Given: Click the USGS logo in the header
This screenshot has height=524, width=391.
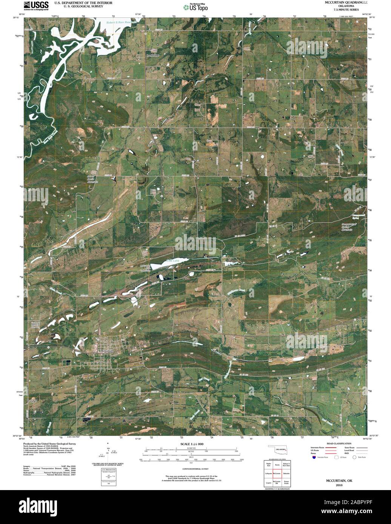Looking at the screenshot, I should (36, 6).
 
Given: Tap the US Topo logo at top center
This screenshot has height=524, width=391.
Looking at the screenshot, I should (195, 7).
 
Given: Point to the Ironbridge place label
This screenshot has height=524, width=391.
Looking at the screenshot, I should (152, 55).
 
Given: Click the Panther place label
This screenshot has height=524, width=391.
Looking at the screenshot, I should (32, 401).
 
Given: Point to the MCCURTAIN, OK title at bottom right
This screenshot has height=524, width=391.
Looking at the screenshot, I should (339, 481).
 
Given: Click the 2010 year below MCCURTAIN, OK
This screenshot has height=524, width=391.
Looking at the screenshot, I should (339, 485).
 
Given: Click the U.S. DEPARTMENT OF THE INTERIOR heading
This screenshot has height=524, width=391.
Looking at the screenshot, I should (83, 3).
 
